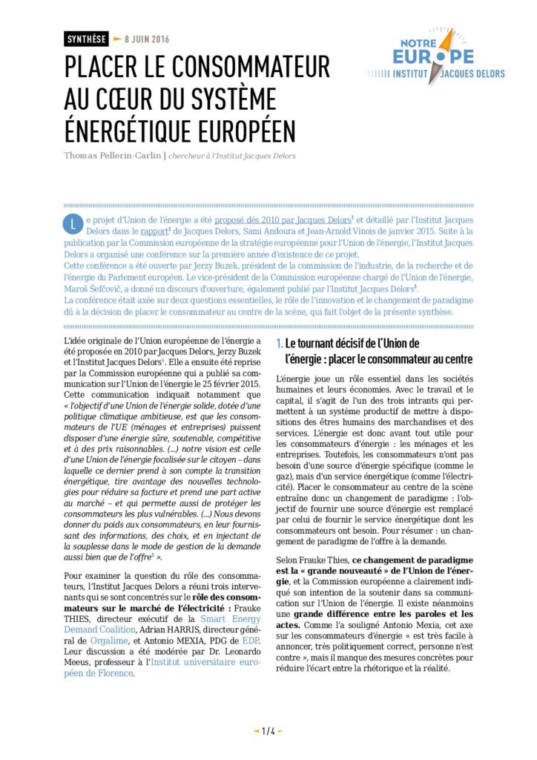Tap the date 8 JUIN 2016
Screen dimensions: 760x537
[x=147, y=39]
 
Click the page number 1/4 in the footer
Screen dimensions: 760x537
[x=268, y=731]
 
